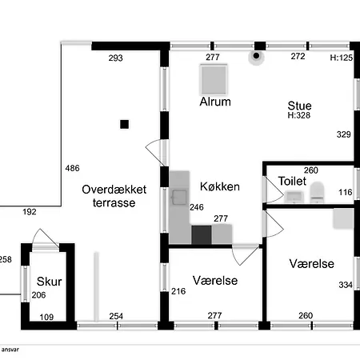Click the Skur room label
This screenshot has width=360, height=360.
pos(49,282)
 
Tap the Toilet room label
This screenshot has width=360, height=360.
pos(292,181)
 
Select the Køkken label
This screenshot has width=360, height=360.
pos(220,186)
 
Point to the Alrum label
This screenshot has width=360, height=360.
pos(215,102)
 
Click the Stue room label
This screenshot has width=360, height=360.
pos(299,106)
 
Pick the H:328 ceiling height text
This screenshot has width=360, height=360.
pos(299,115)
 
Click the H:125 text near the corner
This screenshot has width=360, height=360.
pos(342,58)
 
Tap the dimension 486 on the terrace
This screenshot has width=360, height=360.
pos(72,168)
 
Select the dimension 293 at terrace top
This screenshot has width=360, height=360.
pos(115,58)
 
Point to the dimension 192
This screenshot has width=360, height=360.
pos(30,212)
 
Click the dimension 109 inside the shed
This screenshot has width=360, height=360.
pos(46,317)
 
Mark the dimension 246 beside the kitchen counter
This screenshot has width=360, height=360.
pos(197,207)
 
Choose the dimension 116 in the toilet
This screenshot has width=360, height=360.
pos(346,192)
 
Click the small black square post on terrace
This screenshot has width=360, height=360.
pos(124,124)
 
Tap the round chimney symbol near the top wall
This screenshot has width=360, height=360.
pos(256,56)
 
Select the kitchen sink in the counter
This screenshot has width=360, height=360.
pos(179,197)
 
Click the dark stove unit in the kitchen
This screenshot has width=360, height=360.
pos(202,234)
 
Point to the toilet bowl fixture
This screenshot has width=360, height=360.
pos(317,192)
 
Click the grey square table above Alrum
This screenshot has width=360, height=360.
pos(214,79)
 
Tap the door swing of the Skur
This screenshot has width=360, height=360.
pos(45,238)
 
